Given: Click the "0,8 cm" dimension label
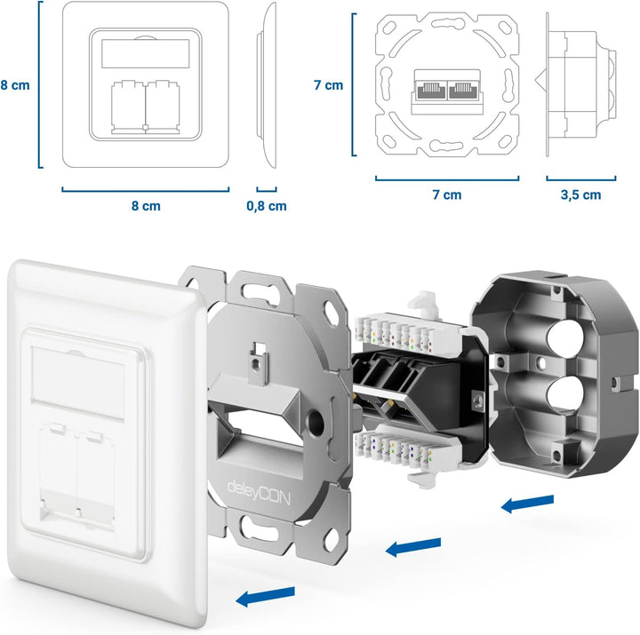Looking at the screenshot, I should click(266, 206).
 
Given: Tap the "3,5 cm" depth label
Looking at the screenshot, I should click(580, 195).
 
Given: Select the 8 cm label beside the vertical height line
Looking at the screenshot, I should click(15, 85).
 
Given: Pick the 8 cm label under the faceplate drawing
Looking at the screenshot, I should click(145, 206).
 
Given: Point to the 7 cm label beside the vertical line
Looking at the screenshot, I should click(328, 85).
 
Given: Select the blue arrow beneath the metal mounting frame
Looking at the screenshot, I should click(413, 546).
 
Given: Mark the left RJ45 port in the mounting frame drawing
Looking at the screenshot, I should click(429, 90).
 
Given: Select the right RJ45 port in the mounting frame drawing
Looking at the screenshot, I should click(463, 90).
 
